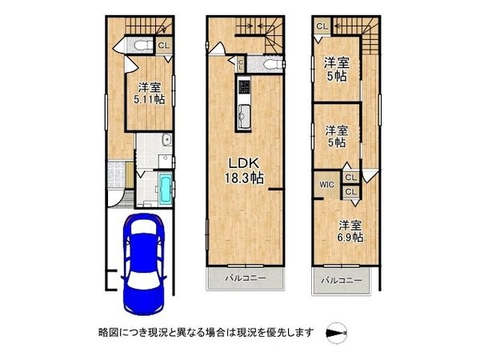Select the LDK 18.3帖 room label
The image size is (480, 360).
245,170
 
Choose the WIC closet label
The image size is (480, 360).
327,186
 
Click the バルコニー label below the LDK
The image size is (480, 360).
246,279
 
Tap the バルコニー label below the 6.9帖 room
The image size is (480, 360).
342,282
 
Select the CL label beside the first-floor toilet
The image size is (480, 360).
162,46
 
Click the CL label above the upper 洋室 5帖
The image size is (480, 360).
321,26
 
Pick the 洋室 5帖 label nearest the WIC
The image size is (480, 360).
335,136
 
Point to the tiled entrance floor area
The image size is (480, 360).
114,174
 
